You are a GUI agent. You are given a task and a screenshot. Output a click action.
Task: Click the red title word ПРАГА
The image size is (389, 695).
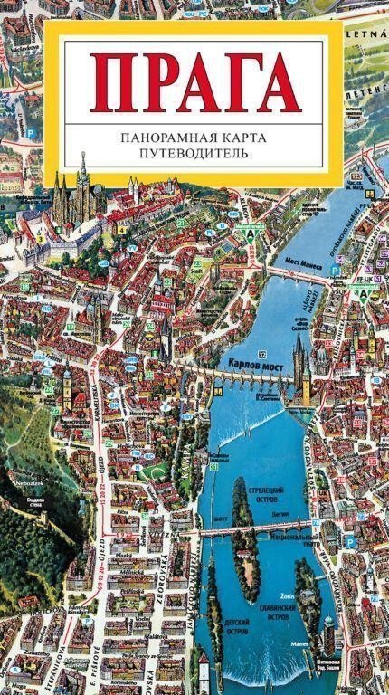194,83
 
